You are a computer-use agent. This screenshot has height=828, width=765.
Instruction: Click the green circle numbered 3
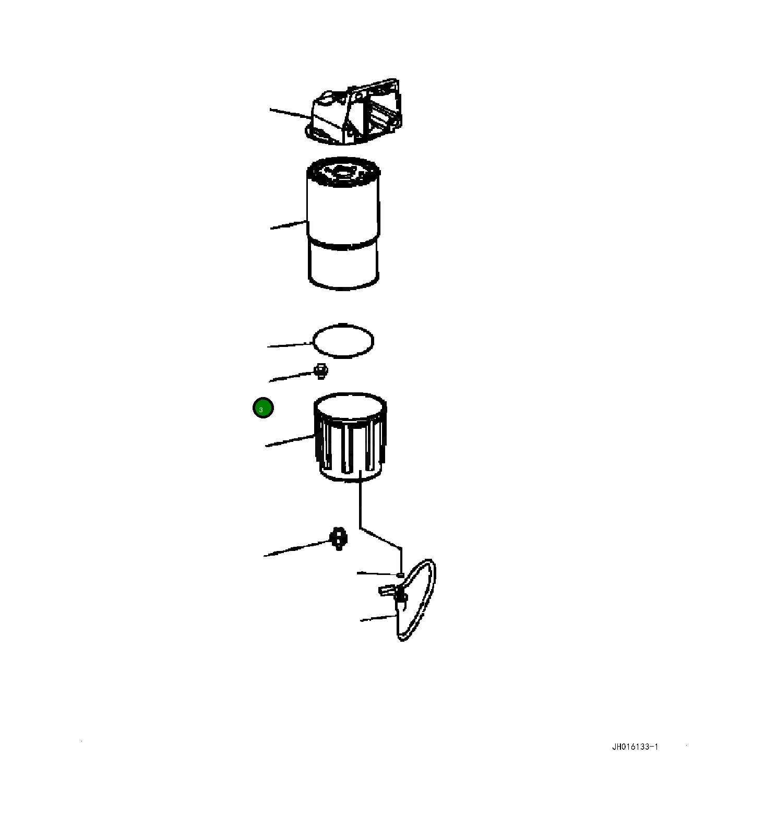(x=263, y=408)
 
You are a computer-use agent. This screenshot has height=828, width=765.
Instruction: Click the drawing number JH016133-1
(x=635, y=747)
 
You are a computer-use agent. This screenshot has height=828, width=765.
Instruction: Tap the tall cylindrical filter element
(x=343, y=224)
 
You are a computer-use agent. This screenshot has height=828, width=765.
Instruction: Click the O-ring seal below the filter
(x=343, y=341)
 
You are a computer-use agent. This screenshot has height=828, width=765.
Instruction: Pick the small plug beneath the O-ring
(x=320, y=371)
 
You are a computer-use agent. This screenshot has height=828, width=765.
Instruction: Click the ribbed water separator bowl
(x=350, y=438)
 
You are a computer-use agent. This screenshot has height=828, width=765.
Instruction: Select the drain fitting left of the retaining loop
(x=339, y=538)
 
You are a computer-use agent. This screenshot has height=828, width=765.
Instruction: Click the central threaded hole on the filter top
(x=343, y=171)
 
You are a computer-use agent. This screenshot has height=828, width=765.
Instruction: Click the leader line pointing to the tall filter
(x=288, y=225)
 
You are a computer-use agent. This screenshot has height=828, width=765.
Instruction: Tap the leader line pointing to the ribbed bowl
(x=290, y=441)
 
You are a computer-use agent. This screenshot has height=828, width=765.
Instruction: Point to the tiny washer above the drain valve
(x=400, y=574)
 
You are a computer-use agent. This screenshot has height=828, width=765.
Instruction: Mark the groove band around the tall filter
(x=343, y=244)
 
